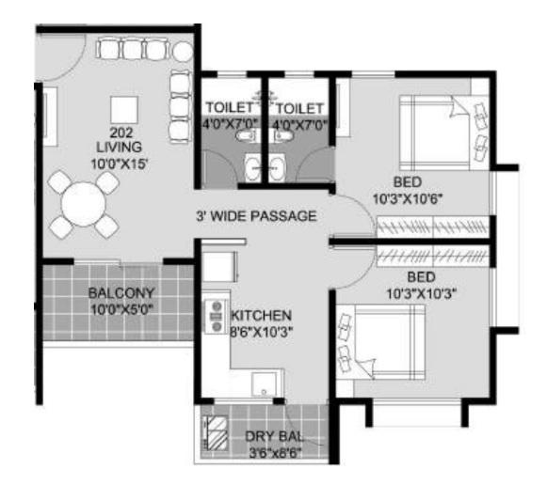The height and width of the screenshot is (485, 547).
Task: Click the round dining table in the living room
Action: [84, 204]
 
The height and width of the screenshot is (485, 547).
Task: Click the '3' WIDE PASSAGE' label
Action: [256, 216]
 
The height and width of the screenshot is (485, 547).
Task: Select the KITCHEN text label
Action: [262, 316]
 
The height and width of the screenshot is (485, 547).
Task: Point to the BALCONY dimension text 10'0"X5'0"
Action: [122, 309]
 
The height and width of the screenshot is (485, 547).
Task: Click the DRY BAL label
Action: [275, 437]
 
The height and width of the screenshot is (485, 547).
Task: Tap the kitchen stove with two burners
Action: [217, 316]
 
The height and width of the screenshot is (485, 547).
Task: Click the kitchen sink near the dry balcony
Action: [265, 384]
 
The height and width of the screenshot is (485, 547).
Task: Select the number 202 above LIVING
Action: [121, 133]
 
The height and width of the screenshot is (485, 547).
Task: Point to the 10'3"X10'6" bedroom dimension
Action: [408, 199]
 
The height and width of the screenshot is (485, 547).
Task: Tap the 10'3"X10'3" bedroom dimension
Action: [422, 294]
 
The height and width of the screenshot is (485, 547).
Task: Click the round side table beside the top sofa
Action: [183, 52]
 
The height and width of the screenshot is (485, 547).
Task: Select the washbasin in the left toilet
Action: [252, 168]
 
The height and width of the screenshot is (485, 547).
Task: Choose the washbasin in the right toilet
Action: [277, 168]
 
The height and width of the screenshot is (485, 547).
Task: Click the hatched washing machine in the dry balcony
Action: [217, 434]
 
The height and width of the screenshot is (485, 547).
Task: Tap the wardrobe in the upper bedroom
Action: [432, 227]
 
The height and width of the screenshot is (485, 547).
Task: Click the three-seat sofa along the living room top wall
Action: [133, 50]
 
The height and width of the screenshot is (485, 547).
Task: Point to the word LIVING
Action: [119, 147]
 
